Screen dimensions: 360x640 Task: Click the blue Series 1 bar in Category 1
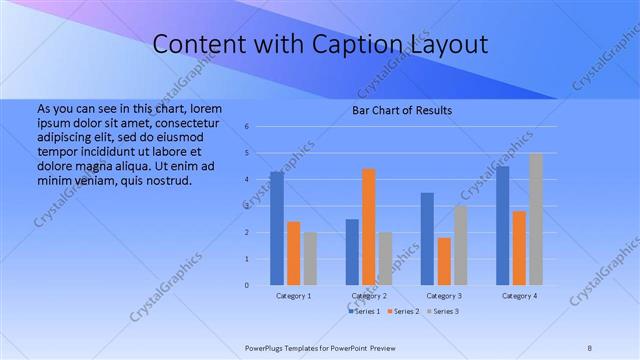pyautogui.click(x=276, y=228)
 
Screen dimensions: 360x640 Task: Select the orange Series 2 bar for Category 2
pyautogui.click(x=368, y=227)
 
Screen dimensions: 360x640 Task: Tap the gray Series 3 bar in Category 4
pyautogui.click(x=536, y=219)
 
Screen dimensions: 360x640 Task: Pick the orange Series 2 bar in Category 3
pyautogui.click(x=444, y=261)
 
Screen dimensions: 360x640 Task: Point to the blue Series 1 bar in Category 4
pyautogui.click(x=502, y=225)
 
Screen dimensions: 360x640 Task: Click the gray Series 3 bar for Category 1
pyautogui.click(x=310, y=258)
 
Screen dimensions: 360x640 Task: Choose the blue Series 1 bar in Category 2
pyautogui.click(x=352, y=252)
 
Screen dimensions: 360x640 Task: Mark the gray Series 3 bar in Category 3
pyautogui.click(x=460, y=245)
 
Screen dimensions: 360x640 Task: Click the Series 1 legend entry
pyautogui.click(x=365, y=312)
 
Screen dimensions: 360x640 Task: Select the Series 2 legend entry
pyautogui.click(x=404, y=312)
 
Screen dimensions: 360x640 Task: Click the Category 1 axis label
pyautogui.click(x=293, y=296)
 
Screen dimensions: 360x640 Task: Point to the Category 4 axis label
pyautogui.click(x=519, y=296)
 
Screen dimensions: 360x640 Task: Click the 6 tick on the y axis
pyautogui.click(x=246, y=127)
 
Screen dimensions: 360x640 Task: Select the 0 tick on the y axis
pyautogui.click(x=246, y=285)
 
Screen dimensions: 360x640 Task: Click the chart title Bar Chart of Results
pyautogui.click(x=401, y=110)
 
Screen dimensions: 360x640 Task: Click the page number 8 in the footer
pyautogui.click(x=590, y=346)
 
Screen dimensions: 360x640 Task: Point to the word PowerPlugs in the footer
pyautogui.click(x=266, y=346)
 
